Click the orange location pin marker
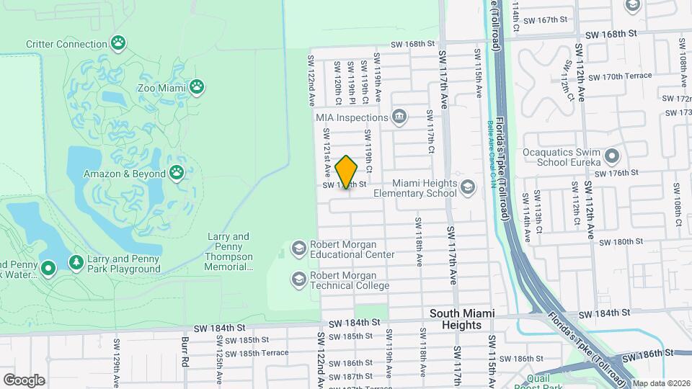[x=347, y=172]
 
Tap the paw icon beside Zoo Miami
[x=197, y=87]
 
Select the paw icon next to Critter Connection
[x=118, y=43]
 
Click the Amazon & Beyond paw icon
[x=177, y=173]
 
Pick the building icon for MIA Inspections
[x=399, y=117]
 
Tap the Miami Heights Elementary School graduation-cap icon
[x=468, y=187]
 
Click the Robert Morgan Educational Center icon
[x=298, y=249]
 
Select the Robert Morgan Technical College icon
[x=298, y=279]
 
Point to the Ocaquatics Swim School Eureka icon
[x=612, y=156]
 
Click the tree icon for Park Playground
[x=76, y=263]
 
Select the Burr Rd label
[x=185, y=352]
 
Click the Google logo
[x=24, y=380]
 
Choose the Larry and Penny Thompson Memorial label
[x=230, y=251]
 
